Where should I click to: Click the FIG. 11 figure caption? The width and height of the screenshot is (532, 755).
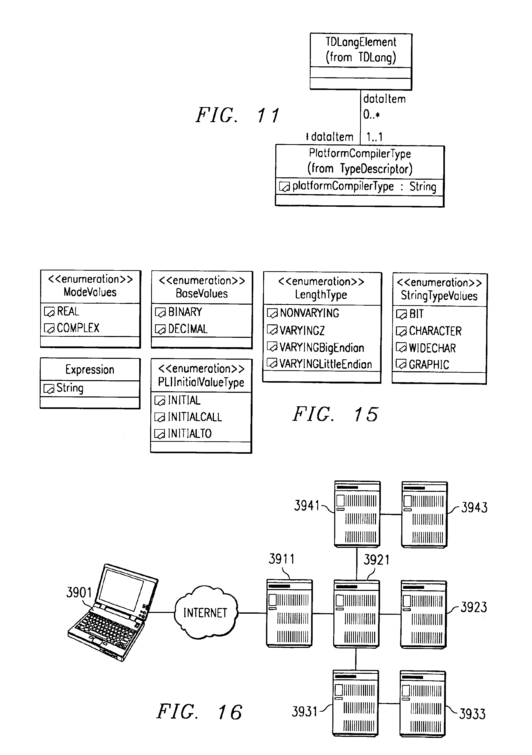pyautogui.click(x=237, y=115)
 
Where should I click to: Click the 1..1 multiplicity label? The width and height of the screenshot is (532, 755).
pyautogui.click(x=374, y=137)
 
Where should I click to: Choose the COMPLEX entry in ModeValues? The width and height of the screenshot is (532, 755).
pyautogui.click(x=78, y=328)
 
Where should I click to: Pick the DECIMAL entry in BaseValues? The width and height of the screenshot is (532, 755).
pyautogui.click(x=188, y=329)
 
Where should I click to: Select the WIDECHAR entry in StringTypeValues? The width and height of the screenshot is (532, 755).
pyautogui.click(x=432, y=348)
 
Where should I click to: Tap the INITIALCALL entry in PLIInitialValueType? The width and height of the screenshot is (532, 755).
pyautogui.click(x=195, y=417)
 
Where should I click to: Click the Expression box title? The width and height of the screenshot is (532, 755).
pyautogui.click(x=90, y=370)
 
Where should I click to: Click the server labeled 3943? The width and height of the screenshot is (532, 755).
pyautogui.click(x=424, y=514)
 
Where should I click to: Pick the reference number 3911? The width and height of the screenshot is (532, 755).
pyautogui.click(x=282, y=559)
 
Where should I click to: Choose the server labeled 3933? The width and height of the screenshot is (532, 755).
pyautogui.click(x=423, y=703)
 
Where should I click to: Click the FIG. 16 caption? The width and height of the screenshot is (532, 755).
pyautogui.click(x=199, y=712)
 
